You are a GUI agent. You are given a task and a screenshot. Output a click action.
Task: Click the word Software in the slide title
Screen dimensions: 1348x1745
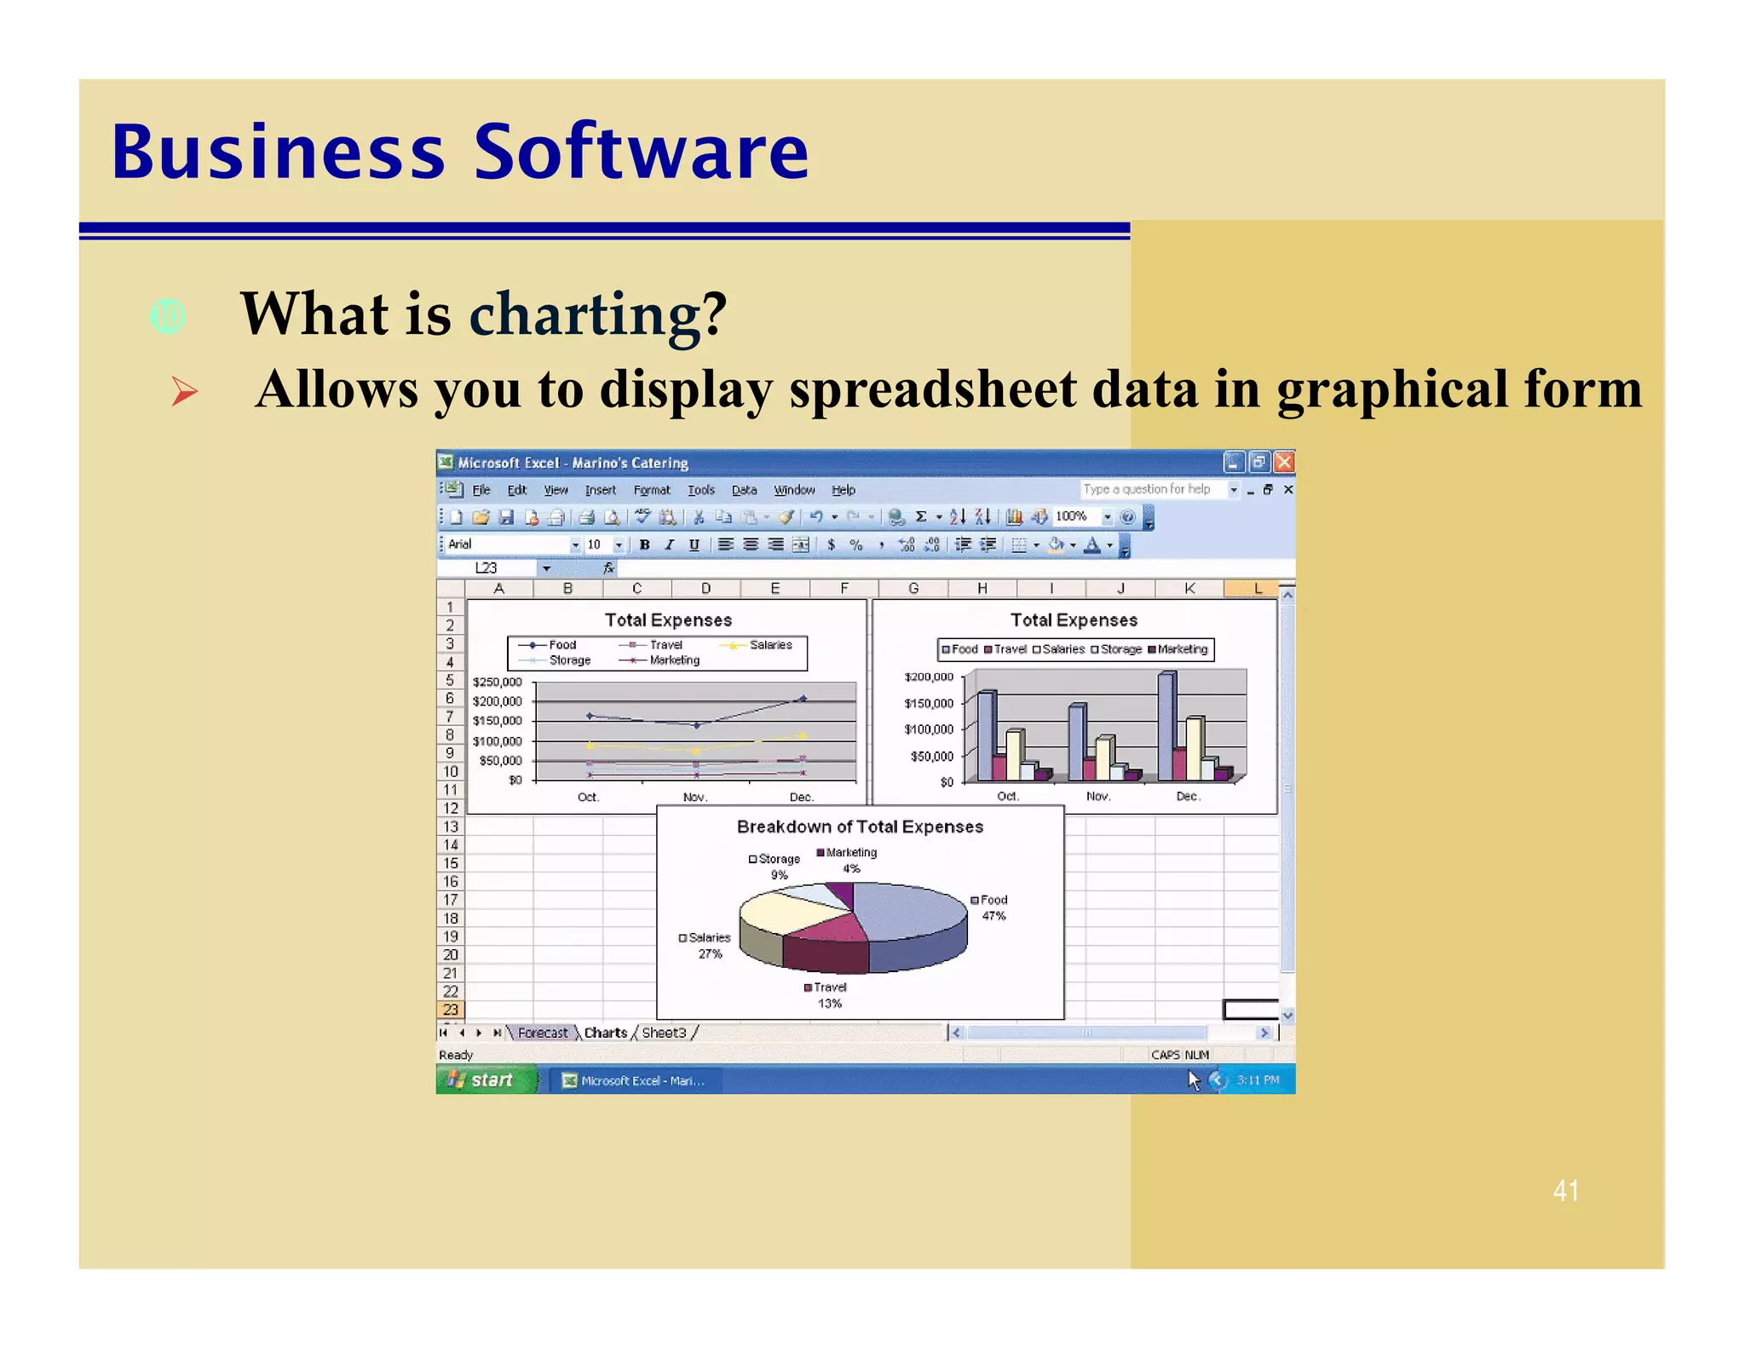(x=640, y=153)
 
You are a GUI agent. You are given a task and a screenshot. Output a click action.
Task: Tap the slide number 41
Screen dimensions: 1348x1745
(x=1565, y=1190)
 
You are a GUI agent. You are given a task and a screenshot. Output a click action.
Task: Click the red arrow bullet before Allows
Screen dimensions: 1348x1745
(x=184, y=391)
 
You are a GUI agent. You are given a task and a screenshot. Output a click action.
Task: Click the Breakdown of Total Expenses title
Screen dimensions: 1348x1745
(x=859, y=827)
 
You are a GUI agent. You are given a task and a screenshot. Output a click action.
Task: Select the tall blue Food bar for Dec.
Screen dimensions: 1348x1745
(x=1166, y=726)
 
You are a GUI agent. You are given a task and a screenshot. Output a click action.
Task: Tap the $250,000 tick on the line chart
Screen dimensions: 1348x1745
(x=497, y=682)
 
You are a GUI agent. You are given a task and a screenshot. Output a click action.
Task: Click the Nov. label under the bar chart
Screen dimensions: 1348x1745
(x=1097, y=796)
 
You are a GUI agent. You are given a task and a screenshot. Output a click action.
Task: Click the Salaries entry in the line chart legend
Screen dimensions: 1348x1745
(x=769, y=645)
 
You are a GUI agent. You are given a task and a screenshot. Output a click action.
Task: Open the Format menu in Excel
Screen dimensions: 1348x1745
(x=651, y=490)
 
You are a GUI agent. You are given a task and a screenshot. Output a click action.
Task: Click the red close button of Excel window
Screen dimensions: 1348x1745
(x=1284, y=462)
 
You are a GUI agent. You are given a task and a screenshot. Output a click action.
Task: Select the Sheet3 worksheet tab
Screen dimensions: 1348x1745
(x=664, y=1033)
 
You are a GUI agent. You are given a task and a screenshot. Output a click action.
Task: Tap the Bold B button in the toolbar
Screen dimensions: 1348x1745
(x=645, y=544)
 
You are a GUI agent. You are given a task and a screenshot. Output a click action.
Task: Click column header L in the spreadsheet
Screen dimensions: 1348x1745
(x=1257, y=588)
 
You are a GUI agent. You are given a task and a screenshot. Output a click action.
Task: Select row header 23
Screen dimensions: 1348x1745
(x=450, y=1010)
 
